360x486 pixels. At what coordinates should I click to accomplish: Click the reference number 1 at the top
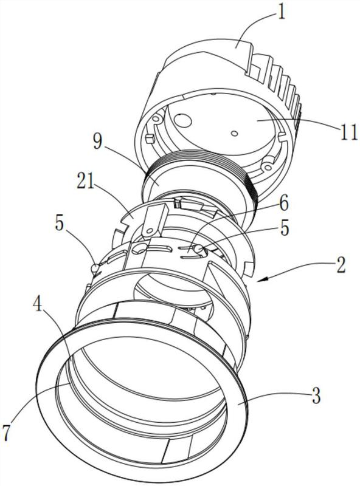tap(282, 13)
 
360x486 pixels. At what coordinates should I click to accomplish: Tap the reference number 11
tap(348, 132)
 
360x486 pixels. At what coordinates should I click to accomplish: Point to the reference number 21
tap(85, 183)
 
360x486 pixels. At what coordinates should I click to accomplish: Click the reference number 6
tap(283, 204)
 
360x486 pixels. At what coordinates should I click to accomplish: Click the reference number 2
tap(341, 265)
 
